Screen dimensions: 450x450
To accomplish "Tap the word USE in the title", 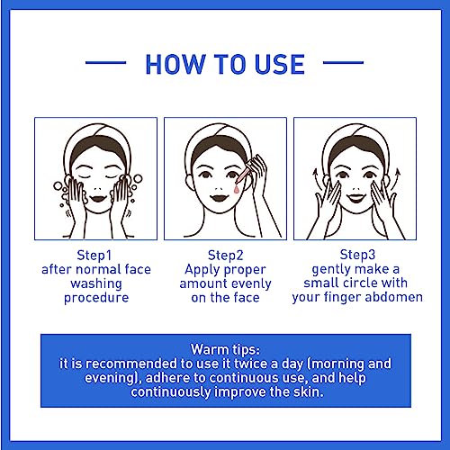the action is pyautogui.click(x=280, y=64).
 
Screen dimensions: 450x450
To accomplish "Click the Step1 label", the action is pyautogui.click(x=94, y=256).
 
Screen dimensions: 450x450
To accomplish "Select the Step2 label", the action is pyautogui.click(x=225, y=256).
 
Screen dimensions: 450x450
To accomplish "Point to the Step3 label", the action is pyautogui.click(x=357, y=255).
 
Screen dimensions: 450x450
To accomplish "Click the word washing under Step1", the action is pyautogui.click(x=96, y=283).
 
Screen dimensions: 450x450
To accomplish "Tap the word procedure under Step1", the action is pyautogui.click(x=96, y=298).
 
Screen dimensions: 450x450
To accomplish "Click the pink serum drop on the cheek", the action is pyautogui.click(x=237, y=189).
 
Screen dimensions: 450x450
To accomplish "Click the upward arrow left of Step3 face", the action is pyautogui.click(x=316, y=179).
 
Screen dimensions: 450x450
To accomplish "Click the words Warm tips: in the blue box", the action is pyautogui.click(x=225, y=349).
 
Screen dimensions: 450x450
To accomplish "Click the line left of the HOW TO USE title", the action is pyautogui.click(x=105, y=63).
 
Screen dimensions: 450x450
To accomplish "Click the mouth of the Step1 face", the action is pyautogui.click(x=98, y=198).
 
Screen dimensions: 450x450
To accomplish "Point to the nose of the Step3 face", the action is pyautogui.click(x=356, y=189).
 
